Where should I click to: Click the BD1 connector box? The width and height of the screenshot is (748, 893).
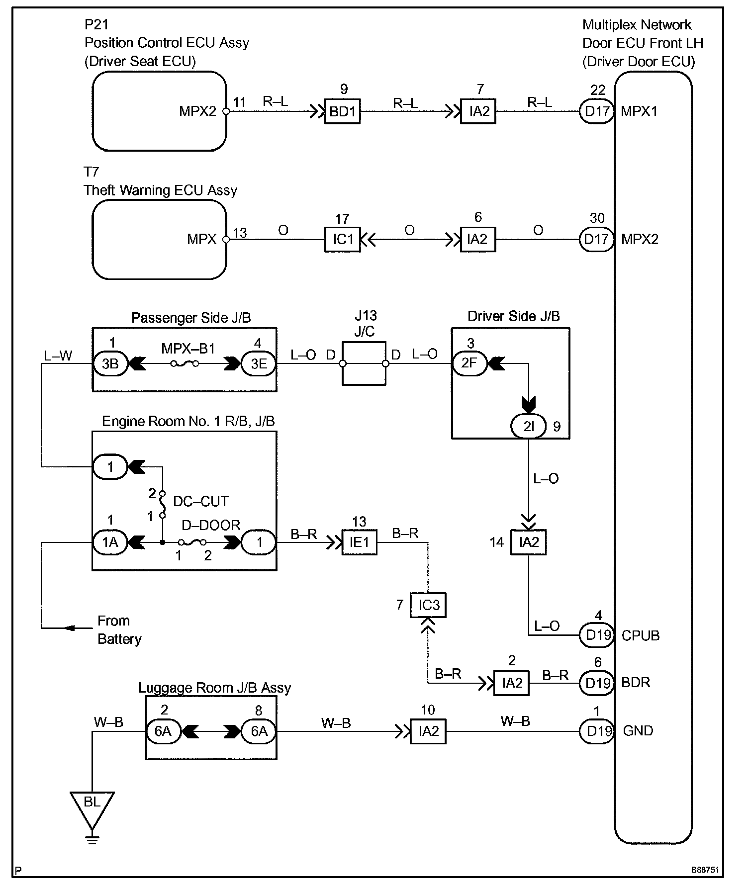342,111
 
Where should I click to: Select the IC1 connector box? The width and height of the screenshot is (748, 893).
342,240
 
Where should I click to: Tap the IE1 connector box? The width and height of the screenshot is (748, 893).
359,542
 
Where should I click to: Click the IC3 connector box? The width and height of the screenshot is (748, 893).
428,605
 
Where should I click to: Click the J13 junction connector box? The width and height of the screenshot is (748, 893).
364,363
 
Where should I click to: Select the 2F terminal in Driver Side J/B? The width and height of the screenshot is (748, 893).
470,363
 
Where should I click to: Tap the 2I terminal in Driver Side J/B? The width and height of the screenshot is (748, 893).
529,427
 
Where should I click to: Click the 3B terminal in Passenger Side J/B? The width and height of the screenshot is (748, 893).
110,364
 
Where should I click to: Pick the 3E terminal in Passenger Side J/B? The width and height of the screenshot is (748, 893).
259,364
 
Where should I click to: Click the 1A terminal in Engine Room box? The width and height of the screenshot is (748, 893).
110,542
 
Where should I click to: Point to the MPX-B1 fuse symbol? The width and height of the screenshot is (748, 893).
185,364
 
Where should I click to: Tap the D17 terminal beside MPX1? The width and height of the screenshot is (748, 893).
597,111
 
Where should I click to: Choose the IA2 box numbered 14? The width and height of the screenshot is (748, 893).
529,542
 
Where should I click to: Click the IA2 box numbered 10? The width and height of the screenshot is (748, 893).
428,731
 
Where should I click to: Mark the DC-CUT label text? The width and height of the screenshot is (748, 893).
201,501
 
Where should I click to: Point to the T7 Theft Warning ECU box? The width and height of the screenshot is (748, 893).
159,240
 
